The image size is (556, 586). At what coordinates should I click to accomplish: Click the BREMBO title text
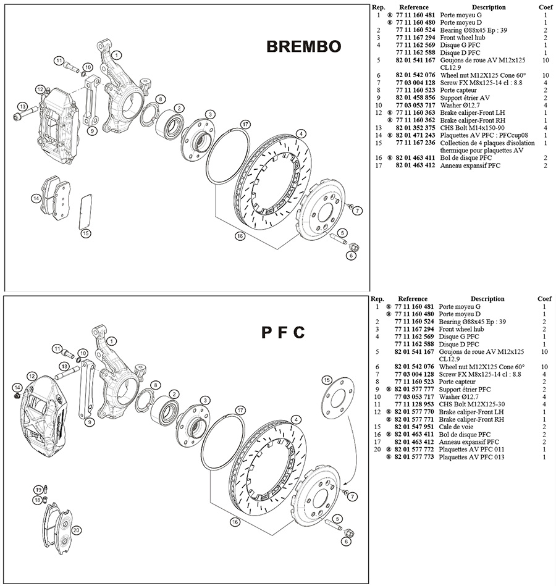pos(303,46)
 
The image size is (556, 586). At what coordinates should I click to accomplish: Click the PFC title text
pos(283,332)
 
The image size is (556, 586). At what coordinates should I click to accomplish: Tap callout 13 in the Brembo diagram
pos(23,106)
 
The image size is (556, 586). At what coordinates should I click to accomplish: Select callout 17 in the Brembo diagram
pos(245,124)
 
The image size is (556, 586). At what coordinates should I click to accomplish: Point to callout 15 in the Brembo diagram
pos(86,233)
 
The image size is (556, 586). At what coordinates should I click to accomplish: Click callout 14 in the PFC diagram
pos(17,387)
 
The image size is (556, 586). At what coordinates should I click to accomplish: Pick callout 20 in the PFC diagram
pos(77,530)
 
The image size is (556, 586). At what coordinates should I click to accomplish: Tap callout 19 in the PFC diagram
pos(38,490)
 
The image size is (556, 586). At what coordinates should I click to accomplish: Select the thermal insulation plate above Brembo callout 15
pos(85,212)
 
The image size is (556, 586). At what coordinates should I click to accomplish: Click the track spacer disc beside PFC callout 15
pos(337,398)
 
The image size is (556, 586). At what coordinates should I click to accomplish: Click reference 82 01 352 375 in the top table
pos(415,128)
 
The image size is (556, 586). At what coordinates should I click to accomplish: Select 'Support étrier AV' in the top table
pos(465,98)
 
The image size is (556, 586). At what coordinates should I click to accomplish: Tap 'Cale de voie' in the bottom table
pos(456,427)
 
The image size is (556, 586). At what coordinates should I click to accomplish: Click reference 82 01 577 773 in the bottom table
pos(414,457)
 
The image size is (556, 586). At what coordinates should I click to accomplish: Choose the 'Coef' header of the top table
pos(545,7)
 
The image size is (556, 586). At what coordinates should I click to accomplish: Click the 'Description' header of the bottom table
pos(487,299)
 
